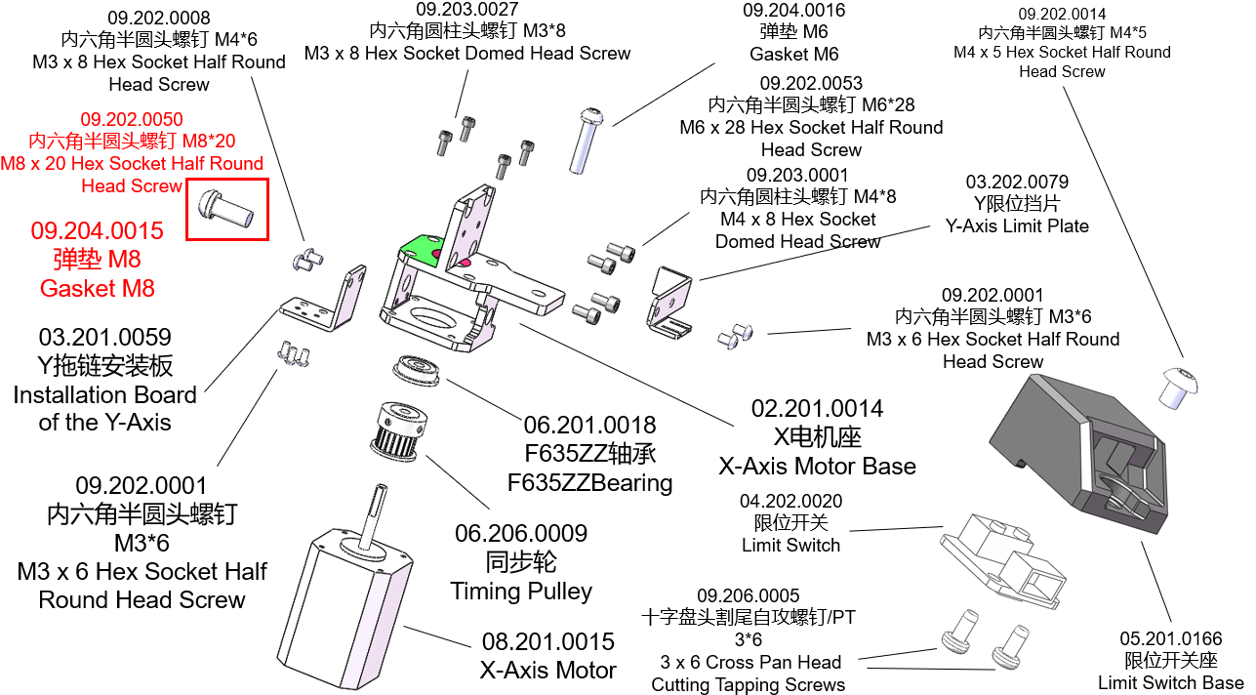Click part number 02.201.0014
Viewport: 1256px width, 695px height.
[x=817, y=408]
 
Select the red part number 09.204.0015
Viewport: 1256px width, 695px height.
[x=97, y=231]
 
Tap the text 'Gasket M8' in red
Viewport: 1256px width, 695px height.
[x=97, y=288]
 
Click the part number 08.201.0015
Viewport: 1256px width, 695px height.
[x=547, y=642]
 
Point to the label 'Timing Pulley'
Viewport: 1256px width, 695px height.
[x=521, y=592]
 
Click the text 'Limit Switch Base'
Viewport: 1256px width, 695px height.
[x=1170, y=682]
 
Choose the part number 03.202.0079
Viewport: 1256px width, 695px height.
[x=1017, y=183]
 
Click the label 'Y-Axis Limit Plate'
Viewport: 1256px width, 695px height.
[x=1017, y=225]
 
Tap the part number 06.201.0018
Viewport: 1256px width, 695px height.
[x=589, y=426]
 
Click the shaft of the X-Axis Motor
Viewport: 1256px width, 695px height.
[x=373, y=512]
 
